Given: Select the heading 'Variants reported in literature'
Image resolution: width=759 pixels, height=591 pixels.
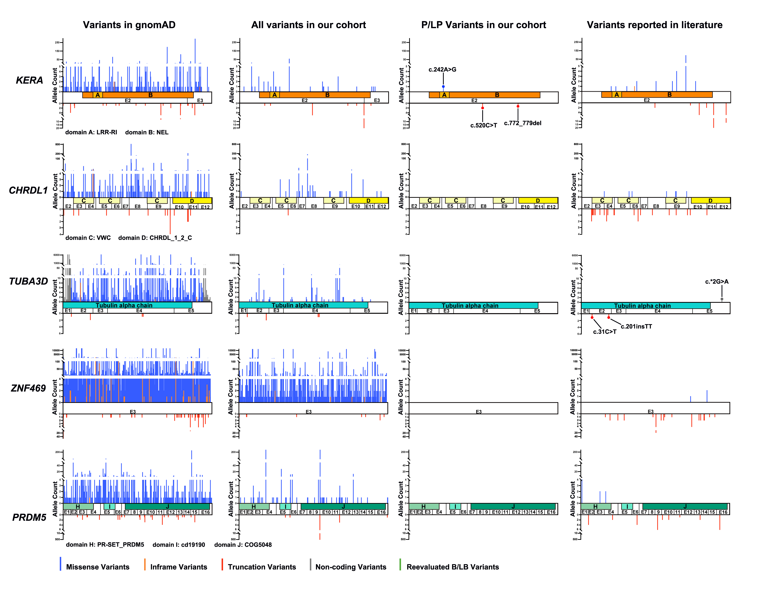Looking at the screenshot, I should point(654,25).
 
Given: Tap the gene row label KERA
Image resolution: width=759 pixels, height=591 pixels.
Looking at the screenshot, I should point(30,80).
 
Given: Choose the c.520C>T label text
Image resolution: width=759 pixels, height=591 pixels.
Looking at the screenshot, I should point(483,125).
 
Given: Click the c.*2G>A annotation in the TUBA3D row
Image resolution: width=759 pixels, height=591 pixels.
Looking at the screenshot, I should point(717,282).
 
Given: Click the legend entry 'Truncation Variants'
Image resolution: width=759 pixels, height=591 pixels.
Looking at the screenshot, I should point(262,567).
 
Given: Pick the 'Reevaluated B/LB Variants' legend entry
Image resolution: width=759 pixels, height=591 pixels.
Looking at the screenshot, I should point(452,567).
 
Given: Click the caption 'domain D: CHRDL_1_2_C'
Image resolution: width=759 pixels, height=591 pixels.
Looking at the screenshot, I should point(155,238).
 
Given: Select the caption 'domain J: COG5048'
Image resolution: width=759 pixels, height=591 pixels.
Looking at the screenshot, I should point(243,545).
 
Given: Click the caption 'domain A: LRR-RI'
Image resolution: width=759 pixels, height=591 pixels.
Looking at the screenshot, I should point(91,132).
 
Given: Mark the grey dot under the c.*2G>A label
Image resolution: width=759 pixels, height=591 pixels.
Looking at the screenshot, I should point(722,299).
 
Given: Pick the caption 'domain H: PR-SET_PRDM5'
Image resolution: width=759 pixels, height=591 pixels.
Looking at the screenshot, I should point(105,545).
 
